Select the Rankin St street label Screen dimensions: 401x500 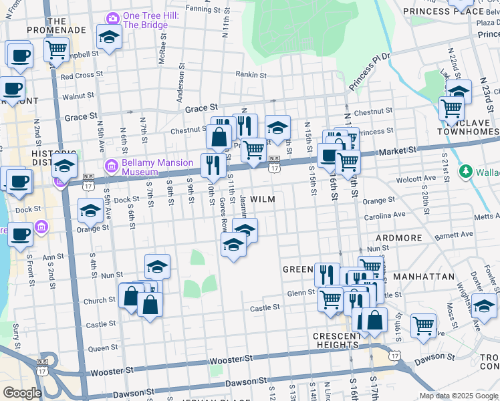(x=253, y=74)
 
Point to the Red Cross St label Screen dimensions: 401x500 (x=81, y=76)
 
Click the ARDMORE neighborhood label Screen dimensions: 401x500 (x=399, y=238)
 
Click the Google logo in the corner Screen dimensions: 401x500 (x=21, y=392)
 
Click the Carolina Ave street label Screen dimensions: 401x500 (x=384, y=215)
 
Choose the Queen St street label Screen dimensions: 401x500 (x=103, y=348)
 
